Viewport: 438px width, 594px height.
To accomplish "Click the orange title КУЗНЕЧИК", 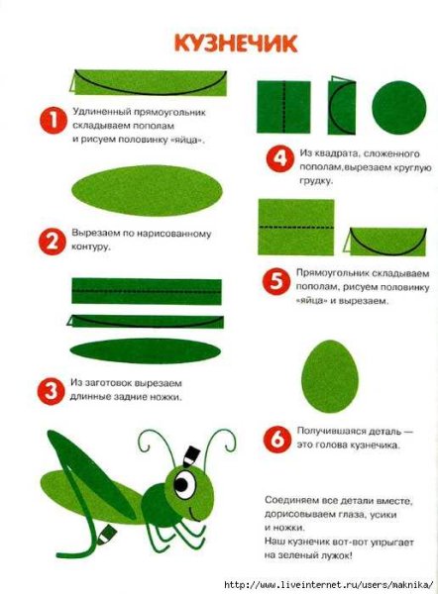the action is coord(236,44).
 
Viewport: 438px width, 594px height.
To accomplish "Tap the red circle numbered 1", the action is coord(54,121).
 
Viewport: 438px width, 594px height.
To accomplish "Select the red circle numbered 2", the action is coord(52,242).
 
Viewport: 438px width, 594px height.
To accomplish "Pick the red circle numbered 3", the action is coord(51,391).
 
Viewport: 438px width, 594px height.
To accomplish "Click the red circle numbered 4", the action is coord(279,158).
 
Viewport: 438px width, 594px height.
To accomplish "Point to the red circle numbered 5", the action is coord(276,281).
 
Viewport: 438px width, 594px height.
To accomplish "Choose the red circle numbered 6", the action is coord(277,439).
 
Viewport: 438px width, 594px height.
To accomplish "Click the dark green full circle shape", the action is coord(399,108).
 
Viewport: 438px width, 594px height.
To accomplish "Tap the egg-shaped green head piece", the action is coord(330,376).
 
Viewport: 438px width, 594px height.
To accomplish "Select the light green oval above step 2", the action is coord(147,190).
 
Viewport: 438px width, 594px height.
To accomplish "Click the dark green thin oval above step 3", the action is coord(146,351).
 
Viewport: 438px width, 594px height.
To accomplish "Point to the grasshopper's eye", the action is coord(184,484).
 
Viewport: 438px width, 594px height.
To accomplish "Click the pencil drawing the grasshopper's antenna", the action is coord(190,456).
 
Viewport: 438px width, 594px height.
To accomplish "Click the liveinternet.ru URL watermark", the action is coord(328,584).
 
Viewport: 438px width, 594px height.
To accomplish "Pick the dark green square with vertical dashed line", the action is coord(283,107).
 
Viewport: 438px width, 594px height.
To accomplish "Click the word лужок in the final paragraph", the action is coord(334,556).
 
